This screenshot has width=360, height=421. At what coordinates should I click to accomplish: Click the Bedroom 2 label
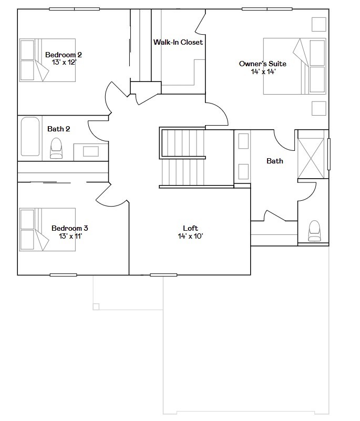(64, 55)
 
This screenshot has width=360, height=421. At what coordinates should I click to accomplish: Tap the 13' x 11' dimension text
(70, 236)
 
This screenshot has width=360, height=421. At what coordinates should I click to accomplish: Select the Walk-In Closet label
(178, 42)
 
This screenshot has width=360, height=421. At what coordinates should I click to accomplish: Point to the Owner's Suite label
(263, 64)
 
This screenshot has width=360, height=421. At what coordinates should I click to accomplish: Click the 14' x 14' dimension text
(263, 71)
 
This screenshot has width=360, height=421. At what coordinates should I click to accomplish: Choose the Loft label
(190, 228)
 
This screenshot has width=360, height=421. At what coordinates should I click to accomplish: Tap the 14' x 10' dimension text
(190, 236)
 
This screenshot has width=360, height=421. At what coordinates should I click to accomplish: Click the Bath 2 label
(59, 129)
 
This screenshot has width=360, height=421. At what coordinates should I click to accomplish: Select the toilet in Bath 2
(56, 148)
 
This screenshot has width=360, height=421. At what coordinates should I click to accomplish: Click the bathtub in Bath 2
(30, 137)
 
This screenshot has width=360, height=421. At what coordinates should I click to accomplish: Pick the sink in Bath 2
(91, 151)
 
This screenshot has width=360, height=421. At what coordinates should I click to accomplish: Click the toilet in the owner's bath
(314, 230)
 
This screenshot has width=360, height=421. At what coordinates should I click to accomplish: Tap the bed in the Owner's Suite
(294, 66)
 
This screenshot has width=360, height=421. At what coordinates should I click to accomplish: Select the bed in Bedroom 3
(47, 229)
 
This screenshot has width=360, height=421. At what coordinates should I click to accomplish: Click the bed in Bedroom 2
(47, 60)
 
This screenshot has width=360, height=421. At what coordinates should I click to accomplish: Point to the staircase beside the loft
(182, 158)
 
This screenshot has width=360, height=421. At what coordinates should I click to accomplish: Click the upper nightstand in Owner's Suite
(318, 25)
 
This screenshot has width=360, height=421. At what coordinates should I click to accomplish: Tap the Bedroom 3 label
(69, 228)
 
